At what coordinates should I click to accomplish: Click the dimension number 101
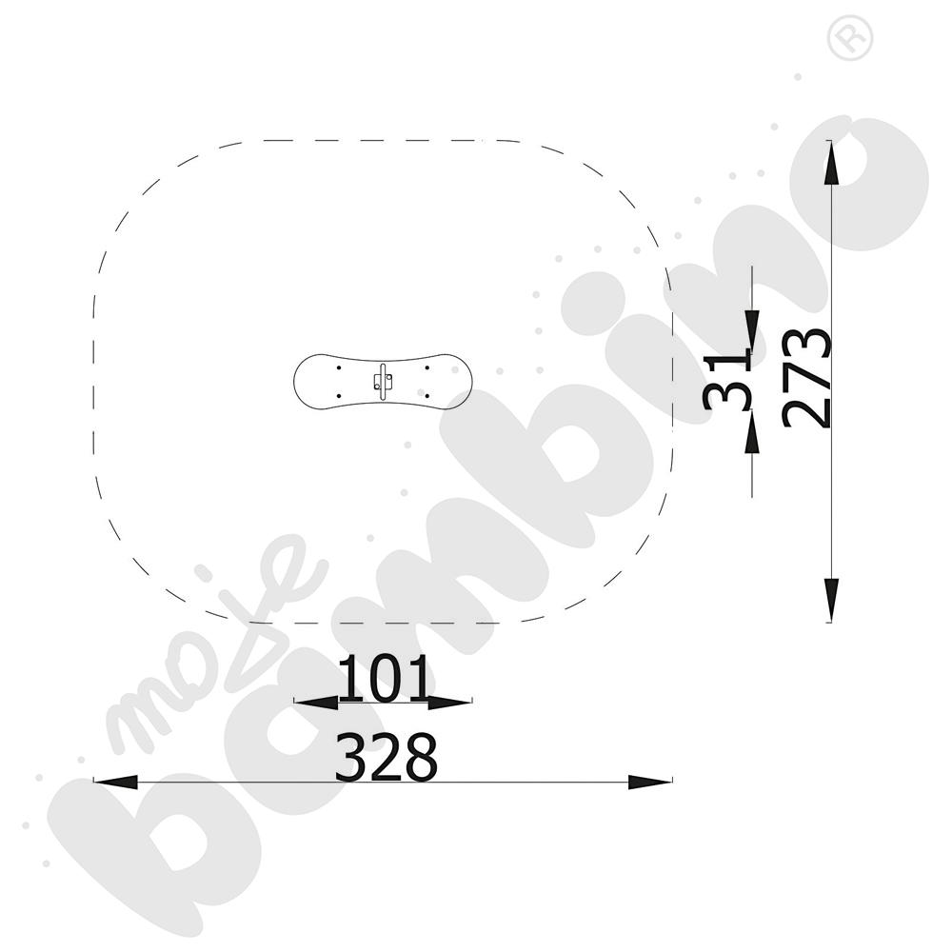(383, 678)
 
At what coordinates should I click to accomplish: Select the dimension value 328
(387, 757)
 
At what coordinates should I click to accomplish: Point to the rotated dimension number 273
(806, 379)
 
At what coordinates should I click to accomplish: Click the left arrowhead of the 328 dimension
(115, 782)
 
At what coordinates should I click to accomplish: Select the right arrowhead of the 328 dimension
(650, 782)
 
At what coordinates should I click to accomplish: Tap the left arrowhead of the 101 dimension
(316, 703)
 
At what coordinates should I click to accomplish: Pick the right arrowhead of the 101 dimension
(450, 703)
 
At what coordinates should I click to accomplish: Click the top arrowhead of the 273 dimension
(830, 162)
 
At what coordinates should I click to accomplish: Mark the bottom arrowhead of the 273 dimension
(830, 601)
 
